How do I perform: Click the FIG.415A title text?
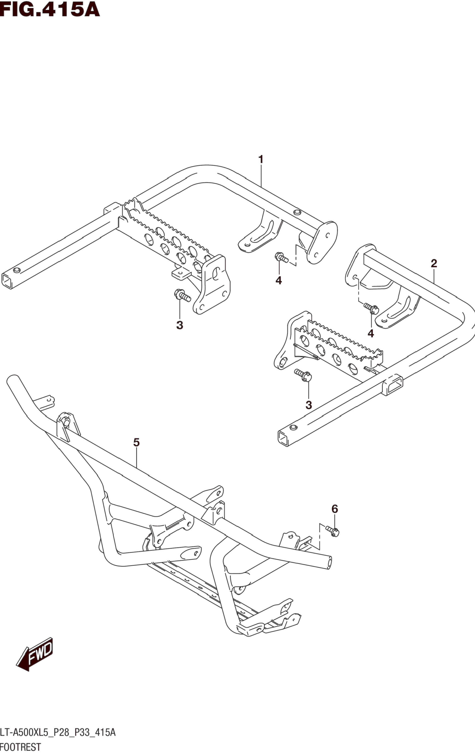[x=50, y=9]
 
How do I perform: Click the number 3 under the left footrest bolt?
[x=179, y=325]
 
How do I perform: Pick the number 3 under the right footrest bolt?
[x=308, y=405]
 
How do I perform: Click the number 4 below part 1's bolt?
[x=279, y=281]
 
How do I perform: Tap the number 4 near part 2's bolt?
[x=371, y=334]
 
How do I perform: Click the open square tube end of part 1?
[x=8, y=280]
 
